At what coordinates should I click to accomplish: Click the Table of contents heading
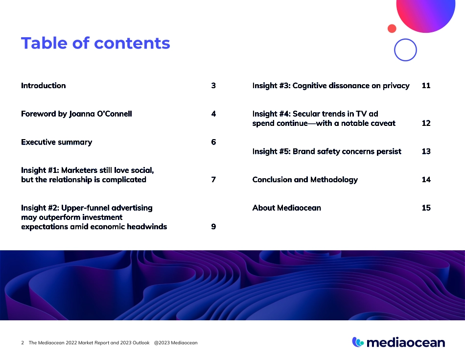pos(95,43)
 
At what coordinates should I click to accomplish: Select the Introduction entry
pos(43,86)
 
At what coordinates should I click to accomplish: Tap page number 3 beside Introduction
pos(213,86)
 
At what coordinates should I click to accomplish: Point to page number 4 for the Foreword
pos(213,114)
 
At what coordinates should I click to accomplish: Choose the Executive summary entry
pos(57,142)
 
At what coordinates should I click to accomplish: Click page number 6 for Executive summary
pos(213,142)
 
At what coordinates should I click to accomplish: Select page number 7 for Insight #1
pos(213,180)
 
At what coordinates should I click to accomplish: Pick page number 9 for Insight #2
pos(213,226)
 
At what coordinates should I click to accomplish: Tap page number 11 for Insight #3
pos(426,86)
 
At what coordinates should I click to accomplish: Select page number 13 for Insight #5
pos(426,151)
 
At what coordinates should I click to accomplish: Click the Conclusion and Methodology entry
pos(305,180)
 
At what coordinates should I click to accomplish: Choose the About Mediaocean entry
pos(286,208)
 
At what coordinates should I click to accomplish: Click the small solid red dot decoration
pos(392,28)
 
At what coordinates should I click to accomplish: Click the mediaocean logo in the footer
pos(398,342)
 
